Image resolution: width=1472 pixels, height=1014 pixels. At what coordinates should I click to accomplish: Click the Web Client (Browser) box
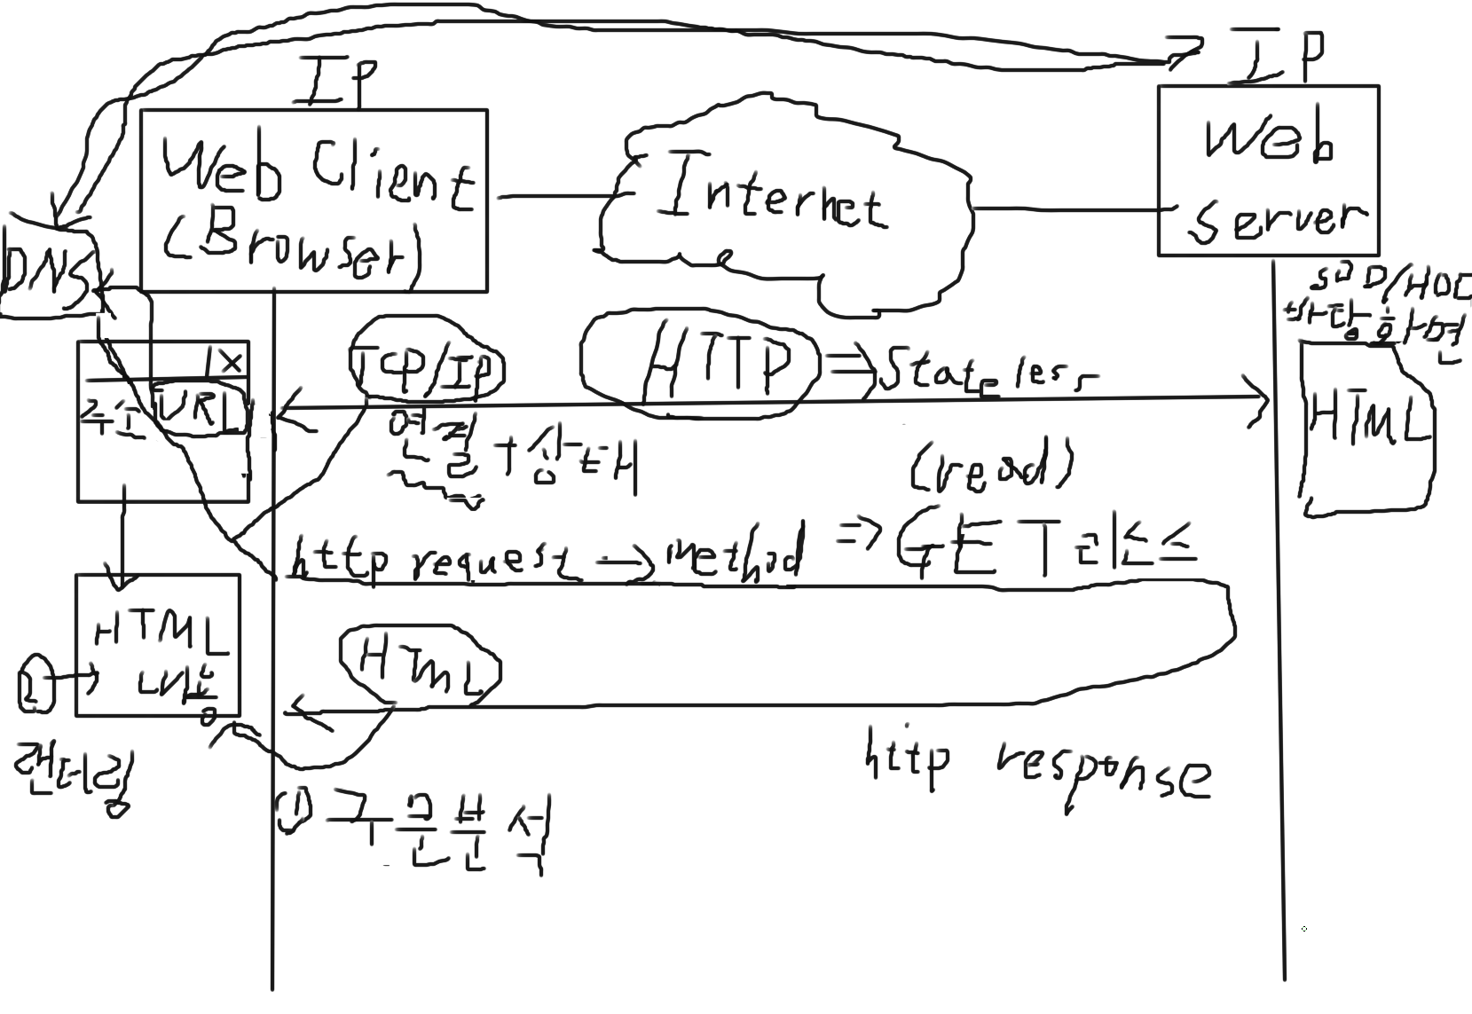[x=313, y=200]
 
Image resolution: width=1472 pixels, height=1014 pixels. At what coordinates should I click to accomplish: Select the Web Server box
[x=1268, y=170]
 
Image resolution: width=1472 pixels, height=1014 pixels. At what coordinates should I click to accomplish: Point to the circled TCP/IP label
[x=427, y=368]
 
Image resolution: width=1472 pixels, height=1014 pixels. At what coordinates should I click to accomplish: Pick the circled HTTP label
[x=701, y=363]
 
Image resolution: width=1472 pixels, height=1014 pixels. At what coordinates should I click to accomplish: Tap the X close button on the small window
[x=230, y=361]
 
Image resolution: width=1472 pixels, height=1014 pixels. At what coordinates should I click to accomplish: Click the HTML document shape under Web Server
[x=1366, y=426]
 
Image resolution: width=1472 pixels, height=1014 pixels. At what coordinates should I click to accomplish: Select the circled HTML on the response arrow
[x=419, y=668]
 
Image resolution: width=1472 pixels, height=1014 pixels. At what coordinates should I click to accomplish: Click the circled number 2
[x=33, y=682]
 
